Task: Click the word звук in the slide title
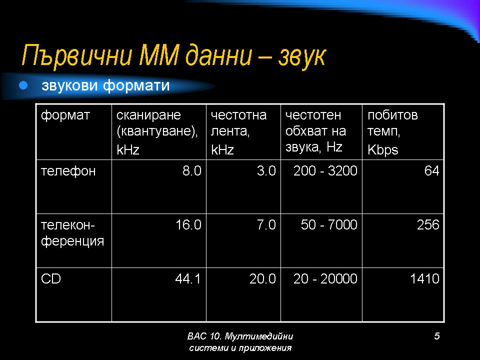click(x=302, y=56)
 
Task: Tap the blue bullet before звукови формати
click(x=23, y=85)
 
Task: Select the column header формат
click(x=65, y=115)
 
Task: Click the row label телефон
click(x=68, y=171)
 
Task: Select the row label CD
click(x=51, y=278)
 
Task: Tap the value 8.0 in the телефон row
click(x=192, y=170)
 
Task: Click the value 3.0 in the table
click(x=266, y=170)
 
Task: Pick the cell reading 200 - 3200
click(x=325, y=170)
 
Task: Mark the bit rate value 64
click(x=431, y=170)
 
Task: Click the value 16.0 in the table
click(x=188, y=224)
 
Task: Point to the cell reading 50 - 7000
click(x=329, y=224)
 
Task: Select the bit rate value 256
click(x=428, y=224)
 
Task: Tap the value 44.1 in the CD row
click(x=187, y=278)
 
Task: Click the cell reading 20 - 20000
click(x=325, y=278)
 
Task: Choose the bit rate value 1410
click(x=425, y=278)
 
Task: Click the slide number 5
click(x=437, y=336)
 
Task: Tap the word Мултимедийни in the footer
click(x=259, y=336)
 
